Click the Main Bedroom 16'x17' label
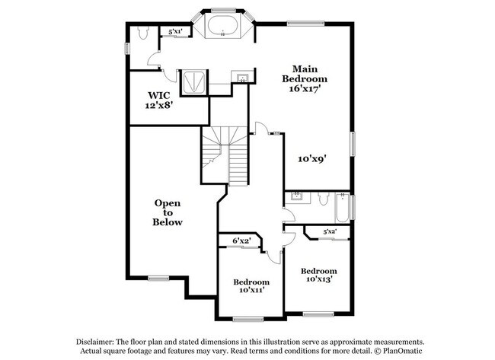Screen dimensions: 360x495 [305, 78]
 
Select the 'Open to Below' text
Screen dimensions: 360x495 [168, 213]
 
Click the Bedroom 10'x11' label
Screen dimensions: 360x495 [251, 285]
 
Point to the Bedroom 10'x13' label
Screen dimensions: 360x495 [318, 276]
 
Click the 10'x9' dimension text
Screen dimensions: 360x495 [311, 159]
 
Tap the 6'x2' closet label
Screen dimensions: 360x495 [241, 241]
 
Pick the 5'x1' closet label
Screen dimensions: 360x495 [175, 31]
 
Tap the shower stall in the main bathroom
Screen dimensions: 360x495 [192, 81]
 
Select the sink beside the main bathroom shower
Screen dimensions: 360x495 [242, 77]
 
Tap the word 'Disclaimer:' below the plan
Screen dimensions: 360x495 [97, 342]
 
